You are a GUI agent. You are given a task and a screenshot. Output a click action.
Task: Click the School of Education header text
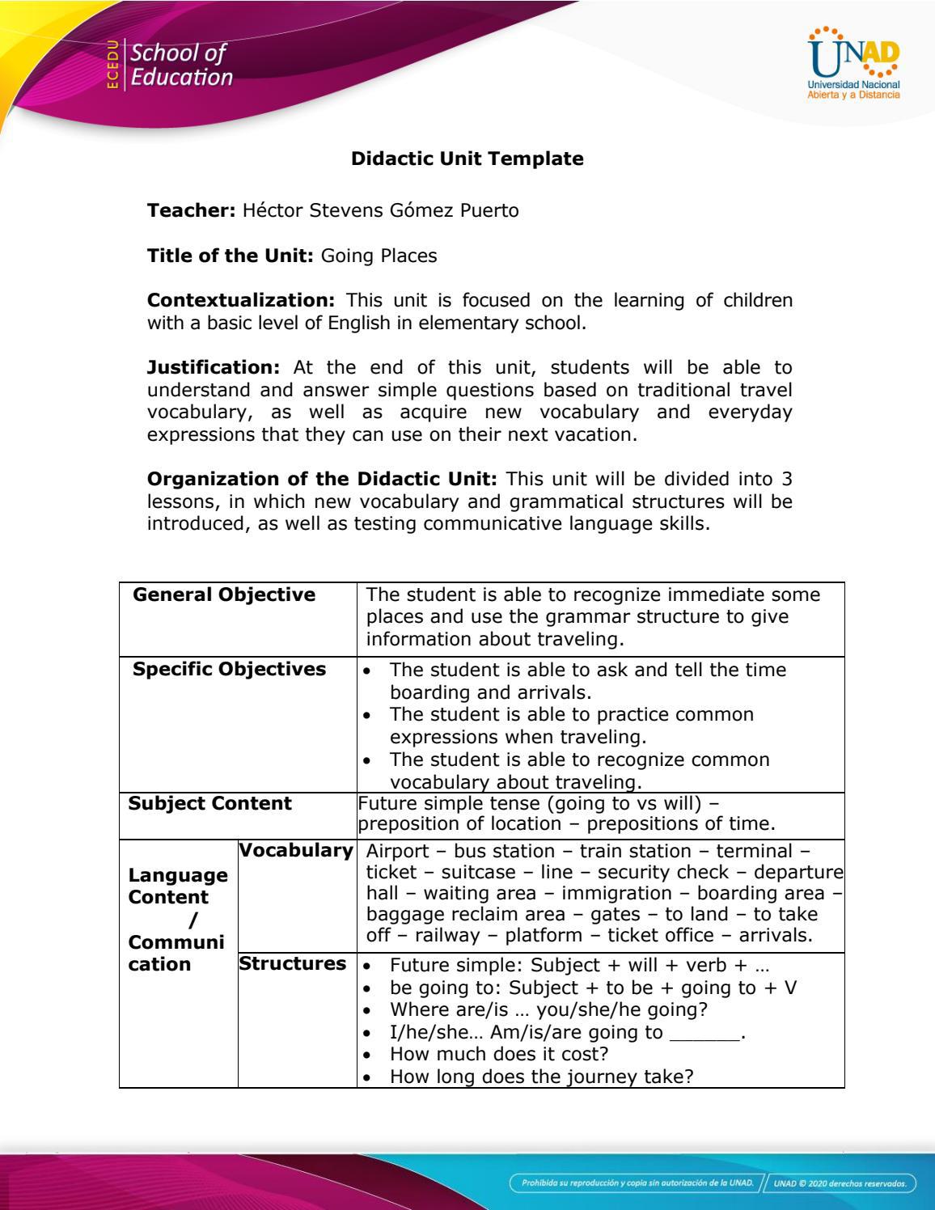(181, 66)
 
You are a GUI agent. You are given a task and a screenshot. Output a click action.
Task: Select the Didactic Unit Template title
(467, 159)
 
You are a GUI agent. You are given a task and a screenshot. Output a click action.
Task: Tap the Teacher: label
(191, 211)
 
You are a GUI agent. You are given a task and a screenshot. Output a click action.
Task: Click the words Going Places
(379, 256)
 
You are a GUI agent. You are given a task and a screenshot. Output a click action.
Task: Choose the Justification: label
(213, 368)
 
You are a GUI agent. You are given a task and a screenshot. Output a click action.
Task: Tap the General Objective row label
(224, 595)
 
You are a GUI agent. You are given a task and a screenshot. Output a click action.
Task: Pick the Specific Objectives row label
(229, 670)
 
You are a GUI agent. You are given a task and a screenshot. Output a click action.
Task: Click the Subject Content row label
(209, 804)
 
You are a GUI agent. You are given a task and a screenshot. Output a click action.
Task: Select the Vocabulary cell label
(297, 851)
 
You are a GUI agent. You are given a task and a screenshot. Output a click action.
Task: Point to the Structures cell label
(292, 964)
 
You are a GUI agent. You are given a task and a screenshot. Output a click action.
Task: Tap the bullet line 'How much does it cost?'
(498, 1055)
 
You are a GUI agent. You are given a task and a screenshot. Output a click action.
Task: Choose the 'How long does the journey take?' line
(541, 1077)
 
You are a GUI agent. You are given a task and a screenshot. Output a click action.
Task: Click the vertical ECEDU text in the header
(113, 64)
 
